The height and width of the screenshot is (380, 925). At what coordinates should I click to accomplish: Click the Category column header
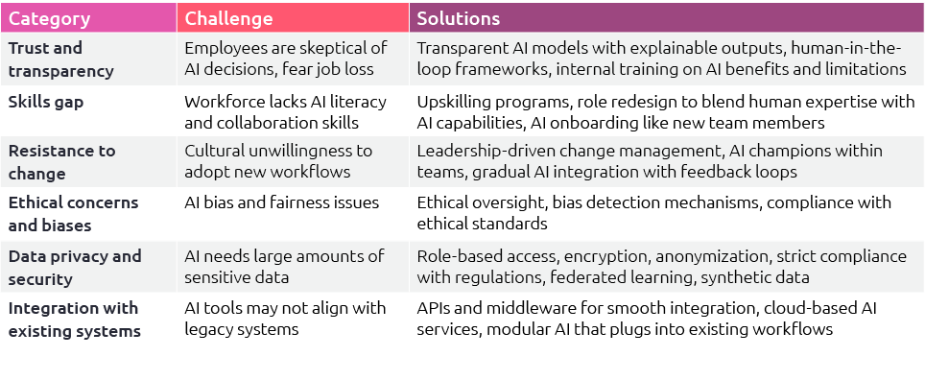tap(50, 18)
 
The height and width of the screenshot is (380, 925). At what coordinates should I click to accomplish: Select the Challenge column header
tap(228, 18)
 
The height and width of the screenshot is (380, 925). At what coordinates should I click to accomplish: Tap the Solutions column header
tap(458, 18)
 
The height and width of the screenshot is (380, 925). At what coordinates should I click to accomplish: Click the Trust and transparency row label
tap(59, 59)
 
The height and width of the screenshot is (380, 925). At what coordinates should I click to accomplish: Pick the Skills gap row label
tap(45, 101)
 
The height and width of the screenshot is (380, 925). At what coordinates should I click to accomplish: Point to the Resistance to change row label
tap(61, 161)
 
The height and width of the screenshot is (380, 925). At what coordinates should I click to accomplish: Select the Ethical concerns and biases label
tap(73, 213)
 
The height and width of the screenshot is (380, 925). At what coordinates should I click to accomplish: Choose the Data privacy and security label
tap(74, 266)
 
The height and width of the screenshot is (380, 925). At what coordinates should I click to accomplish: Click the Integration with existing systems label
tap(73, 319)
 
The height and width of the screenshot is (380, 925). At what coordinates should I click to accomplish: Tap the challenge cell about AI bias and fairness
tap(281, 202)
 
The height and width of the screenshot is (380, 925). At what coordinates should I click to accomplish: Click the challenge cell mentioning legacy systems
tap(285, 319)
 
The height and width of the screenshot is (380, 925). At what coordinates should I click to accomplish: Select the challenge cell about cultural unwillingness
tap(278, 161)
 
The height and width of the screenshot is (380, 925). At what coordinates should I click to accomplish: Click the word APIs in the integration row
tap(434, 308)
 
